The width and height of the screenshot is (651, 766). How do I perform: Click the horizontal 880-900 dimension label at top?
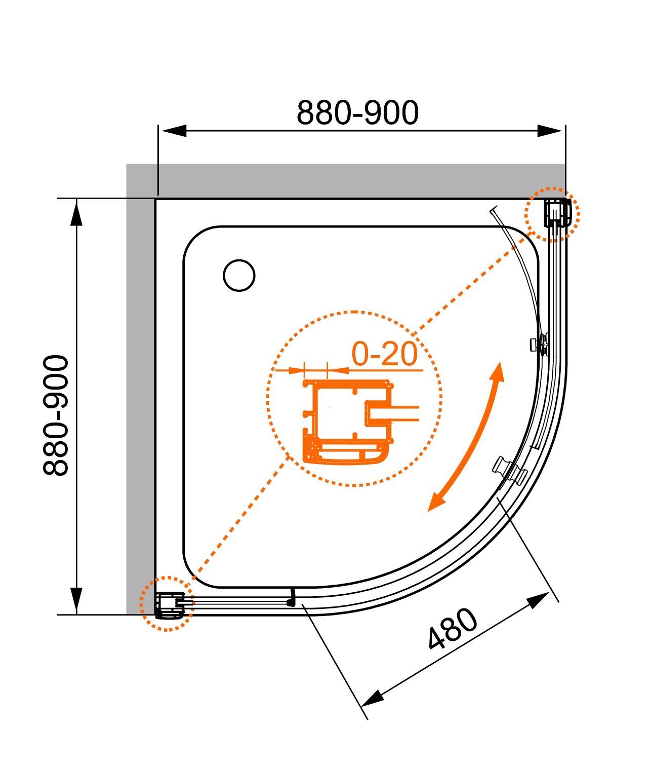point(357,112)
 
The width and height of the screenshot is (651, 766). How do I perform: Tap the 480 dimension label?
point(453,629)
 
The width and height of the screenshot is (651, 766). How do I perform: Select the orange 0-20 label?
point(384,354)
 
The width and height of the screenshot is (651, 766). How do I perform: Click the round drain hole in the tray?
point(239,276)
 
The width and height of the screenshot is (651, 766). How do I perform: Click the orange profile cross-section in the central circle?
point(348,422)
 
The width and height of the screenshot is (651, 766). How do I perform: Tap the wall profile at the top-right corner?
point(556,213)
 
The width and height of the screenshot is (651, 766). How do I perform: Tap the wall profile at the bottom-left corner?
point(170,605)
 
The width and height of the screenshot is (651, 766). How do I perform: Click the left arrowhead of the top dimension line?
point(174,131)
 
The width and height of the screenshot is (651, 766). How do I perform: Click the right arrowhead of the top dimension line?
point(550,131)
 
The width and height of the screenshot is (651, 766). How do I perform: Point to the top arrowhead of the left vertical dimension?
point(76,214)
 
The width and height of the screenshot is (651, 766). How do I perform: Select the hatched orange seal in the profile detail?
point(310,449)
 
